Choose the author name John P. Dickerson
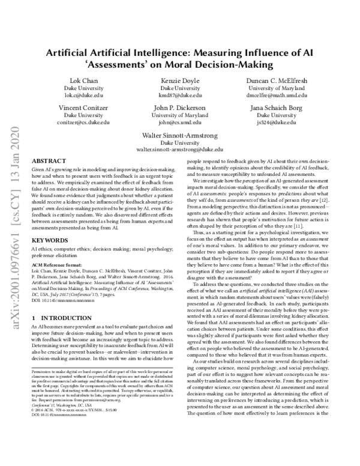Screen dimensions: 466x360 (x=180, y=107)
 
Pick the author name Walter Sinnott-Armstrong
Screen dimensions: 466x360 (x=180, y=135)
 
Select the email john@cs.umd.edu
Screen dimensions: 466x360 (x=180, y=122)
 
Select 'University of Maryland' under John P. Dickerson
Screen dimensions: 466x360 (x=180, y=115)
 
